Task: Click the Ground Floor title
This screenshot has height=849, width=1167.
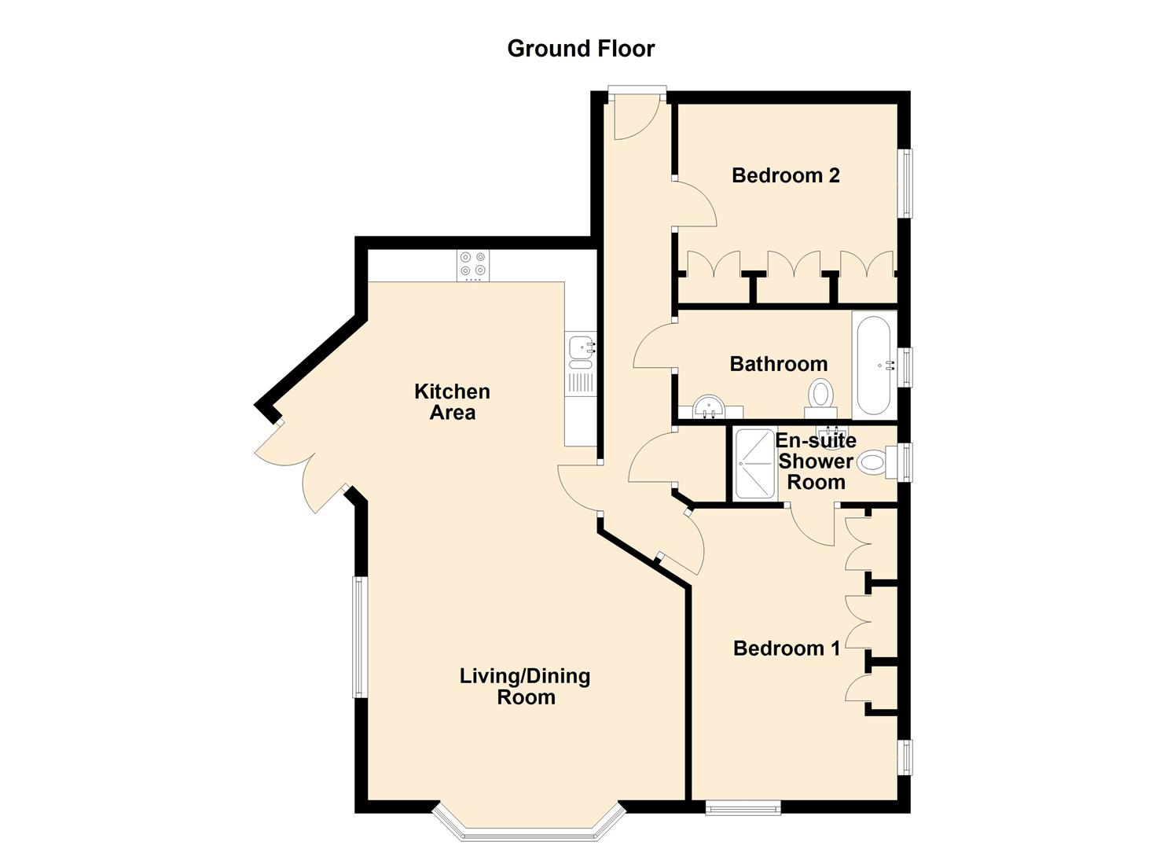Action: pyautogui.click(x=581, y=49)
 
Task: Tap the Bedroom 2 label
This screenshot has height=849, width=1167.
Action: pyautogui.click(x=785, y=175)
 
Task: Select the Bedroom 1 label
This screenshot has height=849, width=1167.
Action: pyautogui.click(x=786, y=649)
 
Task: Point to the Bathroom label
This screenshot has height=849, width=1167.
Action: pyautogui.click(x=778, y=364)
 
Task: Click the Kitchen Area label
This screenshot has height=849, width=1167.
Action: pyautogui.click(x=452, y=402)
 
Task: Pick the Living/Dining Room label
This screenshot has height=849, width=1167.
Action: pyautogui.click(x=525, y=686)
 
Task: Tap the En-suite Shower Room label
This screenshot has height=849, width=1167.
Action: pyautogui.click(x=816, y=461)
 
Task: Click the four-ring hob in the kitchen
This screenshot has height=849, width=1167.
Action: pyautogui.click(x=473, y=265)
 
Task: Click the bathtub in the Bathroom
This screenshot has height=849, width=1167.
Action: pyautogui.click(x=874, y=364)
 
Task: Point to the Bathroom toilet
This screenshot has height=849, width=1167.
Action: pyautogui.click(x=821, y=395)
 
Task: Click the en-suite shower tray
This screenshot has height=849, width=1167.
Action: pyautogui.click(x=754, y=464)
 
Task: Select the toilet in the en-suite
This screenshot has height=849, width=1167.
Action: pyautogui.click(x=876, y=461)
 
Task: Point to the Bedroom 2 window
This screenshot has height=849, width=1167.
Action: pyautogui.click(x=906, y=182)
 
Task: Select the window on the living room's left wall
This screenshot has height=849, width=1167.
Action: pyautogui.click(x=358, y=637)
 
